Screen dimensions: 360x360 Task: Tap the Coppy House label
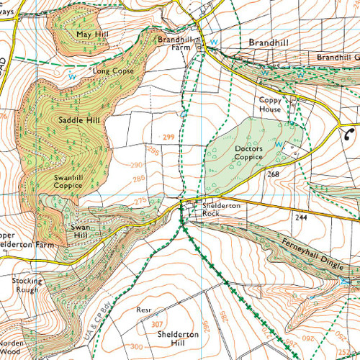271,104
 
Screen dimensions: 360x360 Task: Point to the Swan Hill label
78,231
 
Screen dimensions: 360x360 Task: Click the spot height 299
169,136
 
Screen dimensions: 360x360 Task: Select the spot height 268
272,174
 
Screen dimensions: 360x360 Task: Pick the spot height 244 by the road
302,216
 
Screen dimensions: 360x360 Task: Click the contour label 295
153,150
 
